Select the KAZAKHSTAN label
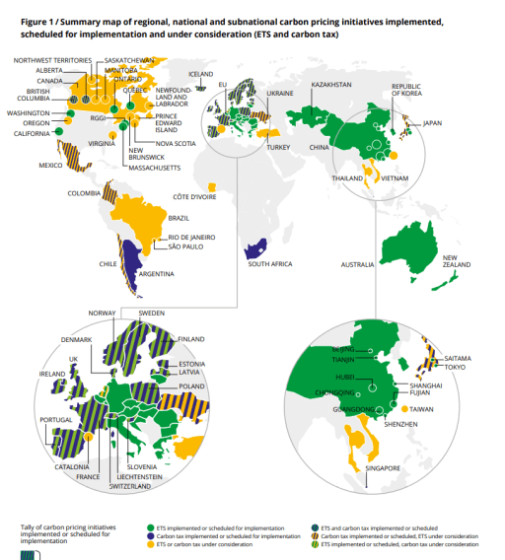click(x=331, y=85)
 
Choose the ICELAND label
click(x=201, y=74)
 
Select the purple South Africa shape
click(x=254, y=246)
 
